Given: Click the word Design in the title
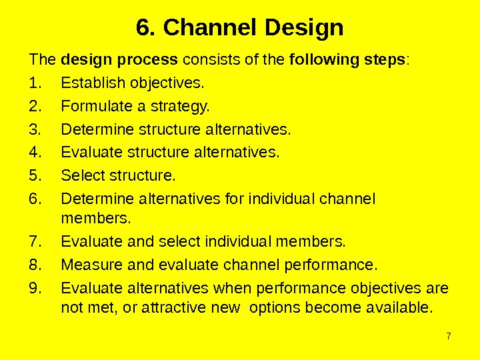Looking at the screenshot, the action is pos(304,29).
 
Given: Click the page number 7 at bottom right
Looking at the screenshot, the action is pos(449,335).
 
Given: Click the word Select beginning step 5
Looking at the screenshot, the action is pos(79,176).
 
